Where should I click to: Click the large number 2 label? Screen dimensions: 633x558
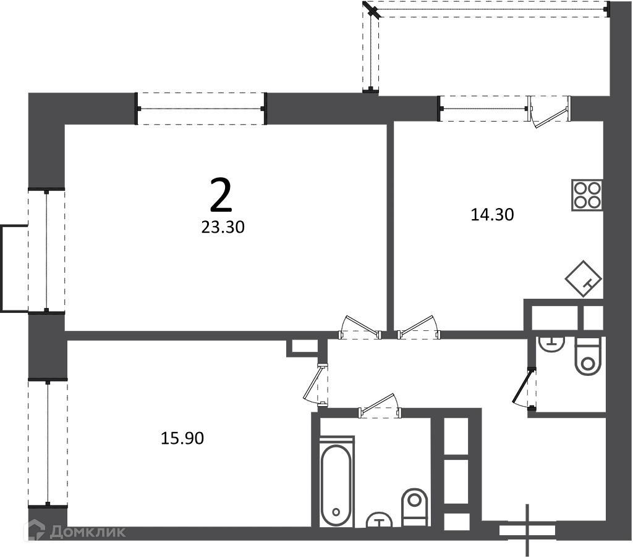(221, 196)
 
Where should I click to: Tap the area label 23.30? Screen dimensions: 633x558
(223, 228)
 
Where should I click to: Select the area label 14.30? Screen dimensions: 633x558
(492, 214)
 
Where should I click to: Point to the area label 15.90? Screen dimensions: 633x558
(182, 438)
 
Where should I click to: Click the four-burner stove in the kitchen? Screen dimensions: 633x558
(587, 195)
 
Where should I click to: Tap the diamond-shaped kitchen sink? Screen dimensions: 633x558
(584, 278)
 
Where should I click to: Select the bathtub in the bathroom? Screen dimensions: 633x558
(336, 481)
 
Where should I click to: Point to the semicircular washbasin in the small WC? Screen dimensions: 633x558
(551, 344)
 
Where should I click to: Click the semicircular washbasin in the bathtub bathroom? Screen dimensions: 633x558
(379, 520)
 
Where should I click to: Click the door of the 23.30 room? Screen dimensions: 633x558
(361, 327)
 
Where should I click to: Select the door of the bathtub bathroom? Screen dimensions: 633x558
(380, 405)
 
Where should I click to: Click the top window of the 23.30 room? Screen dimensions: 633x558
(201, 109)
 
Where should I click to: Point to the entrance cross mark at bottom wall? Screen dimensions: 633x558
(527, 530)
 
